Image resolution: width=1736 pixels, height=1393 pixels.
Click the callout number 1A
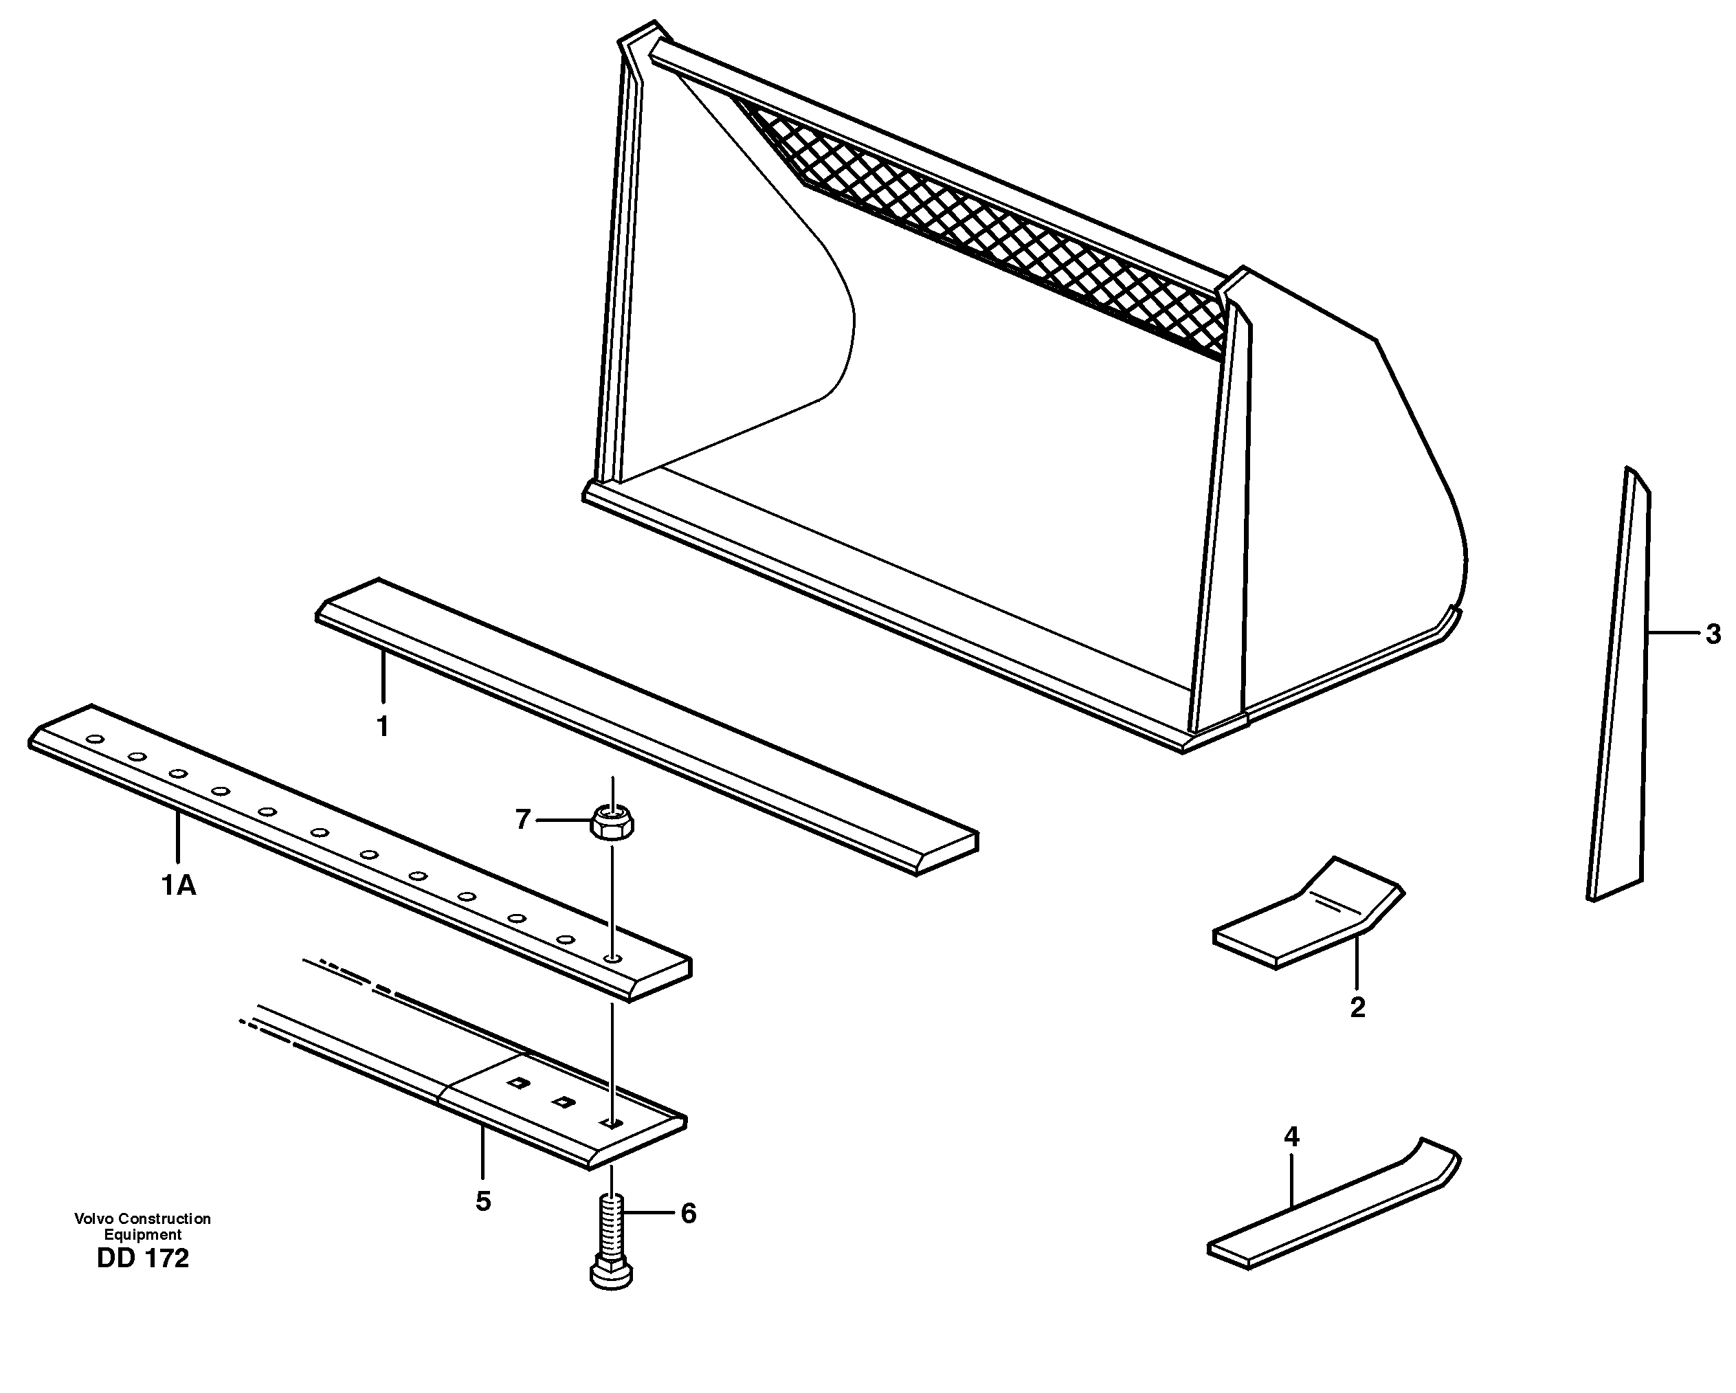(x=178, y=887)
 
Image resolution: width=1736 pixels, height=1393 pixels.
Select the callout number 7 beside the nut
(x=522, y=820)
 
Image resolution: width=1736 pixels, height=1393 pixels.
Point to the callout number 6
(x=689, y=1214)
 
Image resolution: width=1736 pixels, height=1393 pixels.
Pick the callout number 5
(x=482, y=1201)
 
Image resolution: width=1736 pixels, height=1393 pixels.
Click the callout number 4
(x=1291, y=1137)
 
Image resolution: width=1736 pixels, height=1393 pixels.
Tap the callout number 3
(x=1713, y=634)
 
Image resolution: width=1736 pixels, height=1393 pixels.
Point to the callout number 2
(x=1357, y=1007)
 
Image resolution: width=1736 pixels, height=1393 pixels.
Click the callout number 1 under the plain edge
(x=383, y=726)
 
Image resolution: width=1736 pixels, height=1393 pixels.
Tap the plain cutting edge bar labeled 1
(x=644, y=725)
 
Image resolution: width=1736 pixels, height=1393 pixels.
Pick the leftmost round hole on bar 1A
(x=96, y=739)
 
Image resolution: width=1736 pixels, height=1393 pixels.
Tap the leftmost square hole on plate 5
(x=516, y=1083)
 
